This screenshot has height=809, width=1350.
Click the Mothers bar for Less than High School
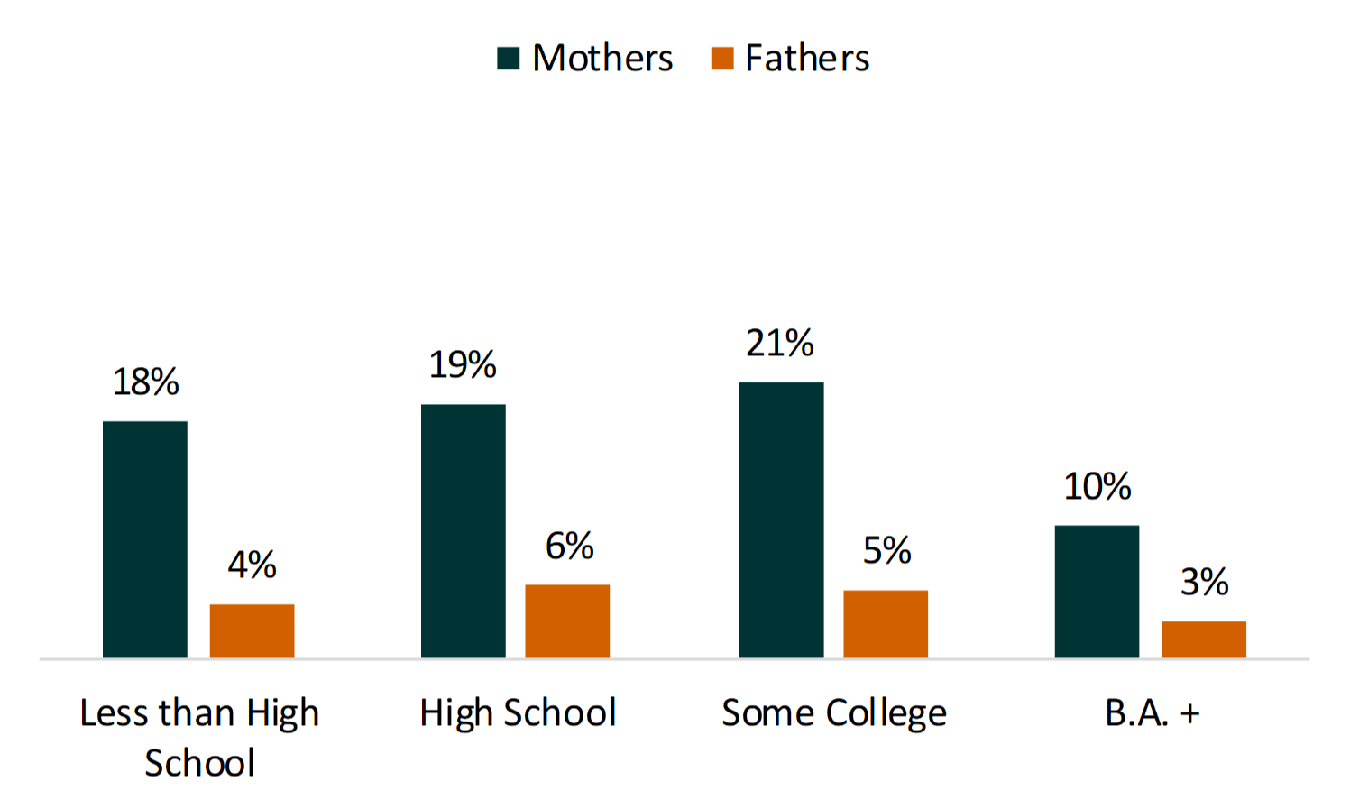coord(144,539)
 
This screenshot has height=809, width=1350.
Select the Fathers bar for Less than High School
coord(252,630)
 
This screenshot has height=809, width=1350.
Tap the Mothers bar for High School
coord(463,530)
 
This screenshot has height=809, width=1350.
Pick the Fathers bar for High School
coord(567,621)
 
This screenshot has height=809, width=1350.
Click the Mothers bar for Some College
coord(781,519)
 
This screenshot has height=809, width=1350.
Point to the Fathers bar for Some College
coord(886,623)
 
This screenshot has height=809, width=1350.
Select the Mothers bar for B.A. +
coord(1097,591)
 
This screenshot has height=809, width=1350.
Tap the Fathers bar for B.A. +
coord(1203,639)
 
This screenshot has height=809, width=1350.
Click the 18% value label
coord(145,382)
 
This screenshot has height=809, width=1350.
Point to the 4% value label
coord(252,565)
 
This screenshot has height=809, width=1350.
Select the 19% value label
coord(463,365)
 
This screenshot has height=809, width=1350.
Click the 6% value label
coord(569,547)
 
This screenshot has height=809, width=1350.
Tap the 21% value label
coord(780,344)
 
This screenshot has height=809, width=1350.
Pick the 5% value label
coord(886,551)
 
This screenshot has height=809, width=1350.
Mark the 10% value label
coord(1097,487)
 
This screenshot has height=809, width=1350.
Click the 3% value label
coord(1204,583)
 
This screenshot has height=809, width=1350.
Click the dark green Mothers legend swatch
coord(509,59)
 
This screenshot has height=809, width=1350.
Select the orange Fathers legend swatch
coord(721,59)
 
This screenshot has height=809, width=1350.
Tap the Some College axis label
coord(834,713)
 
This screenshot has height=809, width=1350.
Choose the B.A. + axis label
coord(1152,713)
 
